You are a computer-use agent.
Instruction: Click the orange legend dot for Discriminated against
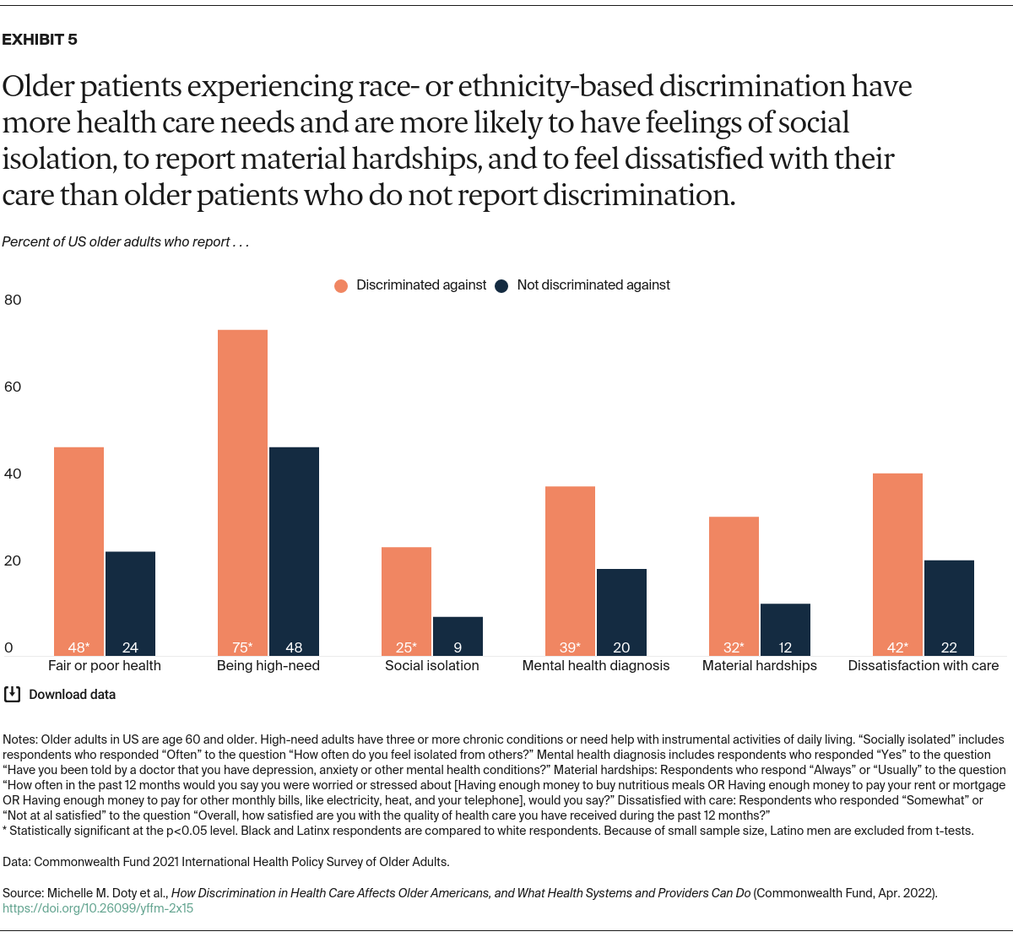coord(341,286)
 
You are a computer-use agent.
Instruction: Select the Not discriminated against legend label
coord(593,285)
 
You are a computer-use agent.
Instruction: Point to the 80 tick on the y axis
coord(13,300)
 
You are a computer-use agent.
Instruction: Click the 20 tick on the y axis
coord(13,561)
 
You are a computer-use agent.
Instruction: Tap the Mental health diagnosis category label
coord(595,665)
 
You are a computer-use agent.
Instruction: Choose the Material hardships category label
coord(759,665)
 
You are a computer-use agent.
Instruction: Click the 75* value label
coord(242,647)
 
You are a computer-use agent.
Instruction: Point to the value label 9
coord(458,647)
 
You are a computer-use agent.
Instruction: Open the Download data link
coord(72,695)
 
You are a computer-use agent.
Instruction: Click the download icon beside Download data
coord(13,694)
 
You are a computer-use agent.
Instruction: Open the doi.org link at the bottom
coord(98,908)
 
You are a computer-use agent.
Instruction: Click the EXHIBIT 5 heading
coord(40,40)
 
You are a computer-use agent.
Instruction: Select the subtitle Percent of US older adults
coord(125,242)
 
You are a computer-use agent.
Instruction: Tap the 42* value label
coord(897,647)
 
